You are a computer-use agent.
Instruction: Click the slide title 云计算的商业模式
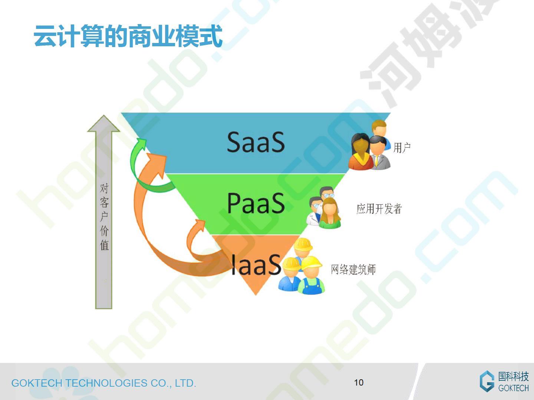128,36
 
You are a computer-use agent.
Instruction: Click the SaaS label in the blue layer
256,142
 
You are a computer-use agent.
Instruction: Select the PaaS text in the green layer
256,203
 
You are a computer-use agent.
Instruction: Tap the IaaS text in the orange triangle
256,265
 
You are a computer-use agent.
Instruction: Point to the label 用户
402,148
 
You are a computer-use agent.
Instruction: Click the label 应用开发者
379,209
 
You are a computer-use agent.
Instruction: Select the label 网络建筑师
353,270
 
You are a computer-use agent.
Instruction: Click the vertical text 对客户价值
104,217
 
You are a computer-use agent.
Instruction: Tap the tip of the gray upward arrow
103,115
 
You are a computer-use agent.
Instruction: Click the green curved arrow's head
141,143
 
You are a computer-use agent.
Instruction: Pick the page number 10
359,383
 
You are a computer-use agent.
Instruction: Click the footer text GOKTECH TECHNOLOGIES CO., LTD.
103,383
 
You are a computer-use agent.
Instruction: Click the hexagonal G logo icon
487,381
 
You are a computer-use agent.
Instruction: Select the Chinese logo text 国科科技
513,376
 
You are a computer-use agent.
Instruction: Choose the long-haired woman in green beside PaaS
329,213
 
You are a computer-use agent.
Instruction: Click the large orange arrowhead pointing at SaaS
158,165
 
